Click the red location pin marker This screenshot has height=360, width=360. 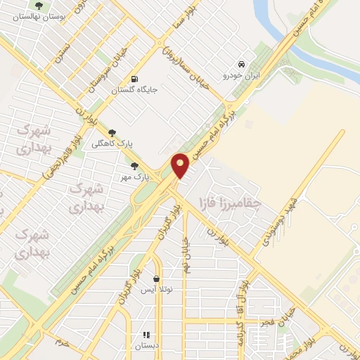181,165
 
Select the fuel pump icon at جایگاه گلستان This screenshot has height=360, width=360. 134,78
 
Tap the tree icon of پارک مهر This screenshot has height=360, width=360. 134,166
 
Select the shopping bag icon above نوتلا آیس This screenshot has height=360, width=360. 156,278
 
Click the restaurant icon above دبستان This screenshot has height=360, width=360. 147,335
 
